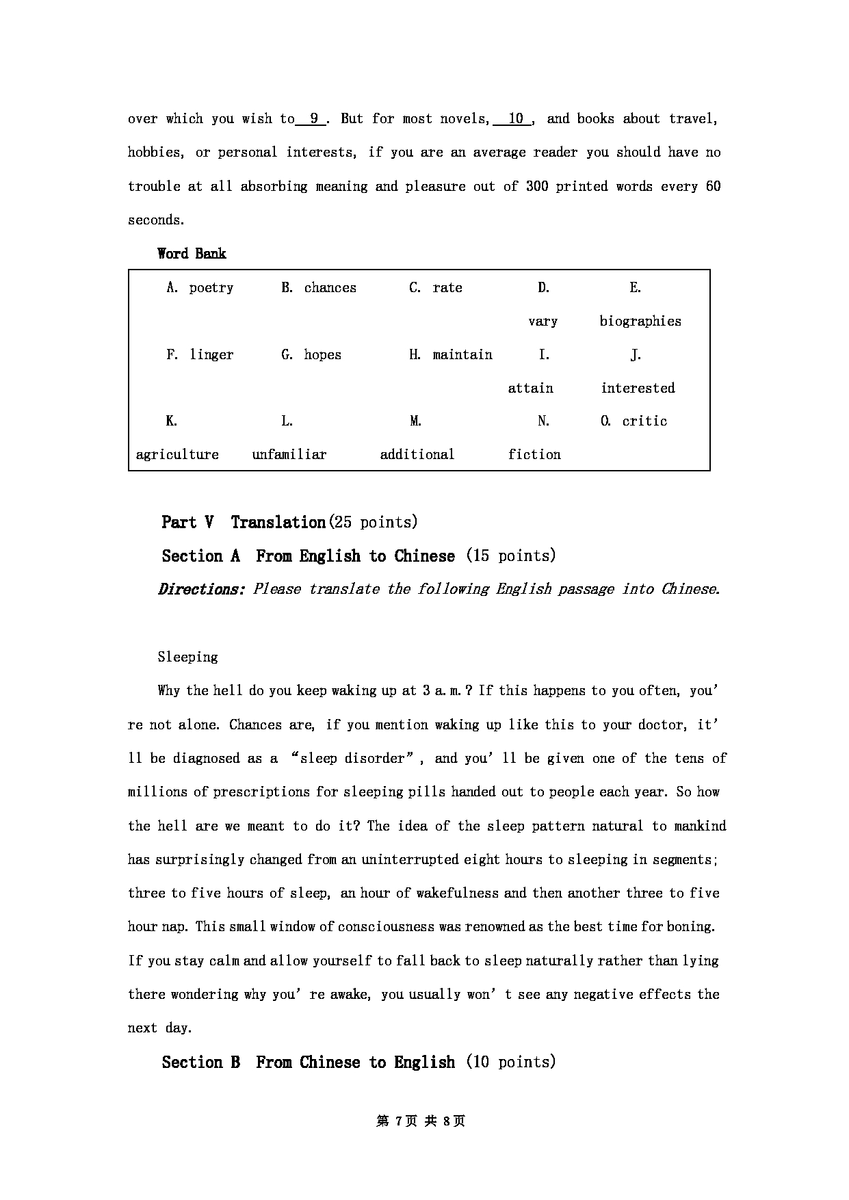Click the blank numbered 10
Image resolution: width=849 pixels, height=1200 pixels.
pos(515,119)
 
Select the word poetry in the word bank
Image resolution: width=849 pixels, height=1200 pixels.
pos(211,288)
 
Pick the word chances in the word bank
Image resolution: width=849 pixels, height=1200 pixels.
pos(330,288)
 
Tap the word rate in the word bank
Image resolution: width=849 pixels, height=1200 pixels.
pos(447,288)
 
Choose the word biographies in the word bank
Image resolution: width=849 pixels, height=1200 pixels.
pos(640,322)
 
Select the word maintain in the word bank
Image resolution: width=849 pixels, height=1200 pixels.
pos(462,355)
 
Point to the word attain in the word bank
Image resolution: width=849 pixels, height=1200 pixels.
pos(530,389)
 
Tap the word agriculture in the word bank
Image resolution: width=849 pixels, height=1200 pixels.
pos(177,455)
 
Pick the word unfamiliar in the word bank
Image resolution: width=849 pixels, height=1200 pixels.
pos(289,455)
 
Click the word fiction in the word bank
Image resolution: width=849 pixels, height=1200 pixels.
pos(534,455)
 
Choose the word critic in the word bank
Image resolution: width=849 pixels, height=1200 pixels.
pos(644,421)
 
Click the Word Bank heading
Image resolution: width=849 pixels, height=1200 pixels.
pos(192,254)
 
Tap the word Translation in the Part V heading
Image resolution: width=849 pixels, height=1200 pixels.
pos(278,523)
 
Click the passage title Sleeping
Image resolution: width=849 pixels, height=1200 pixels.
pos(187,657)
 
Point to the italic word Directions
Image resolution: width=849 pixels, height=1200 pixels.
pos(201,590)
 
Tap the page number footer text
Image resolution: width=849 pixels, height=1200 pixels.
pos(421,1121)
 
